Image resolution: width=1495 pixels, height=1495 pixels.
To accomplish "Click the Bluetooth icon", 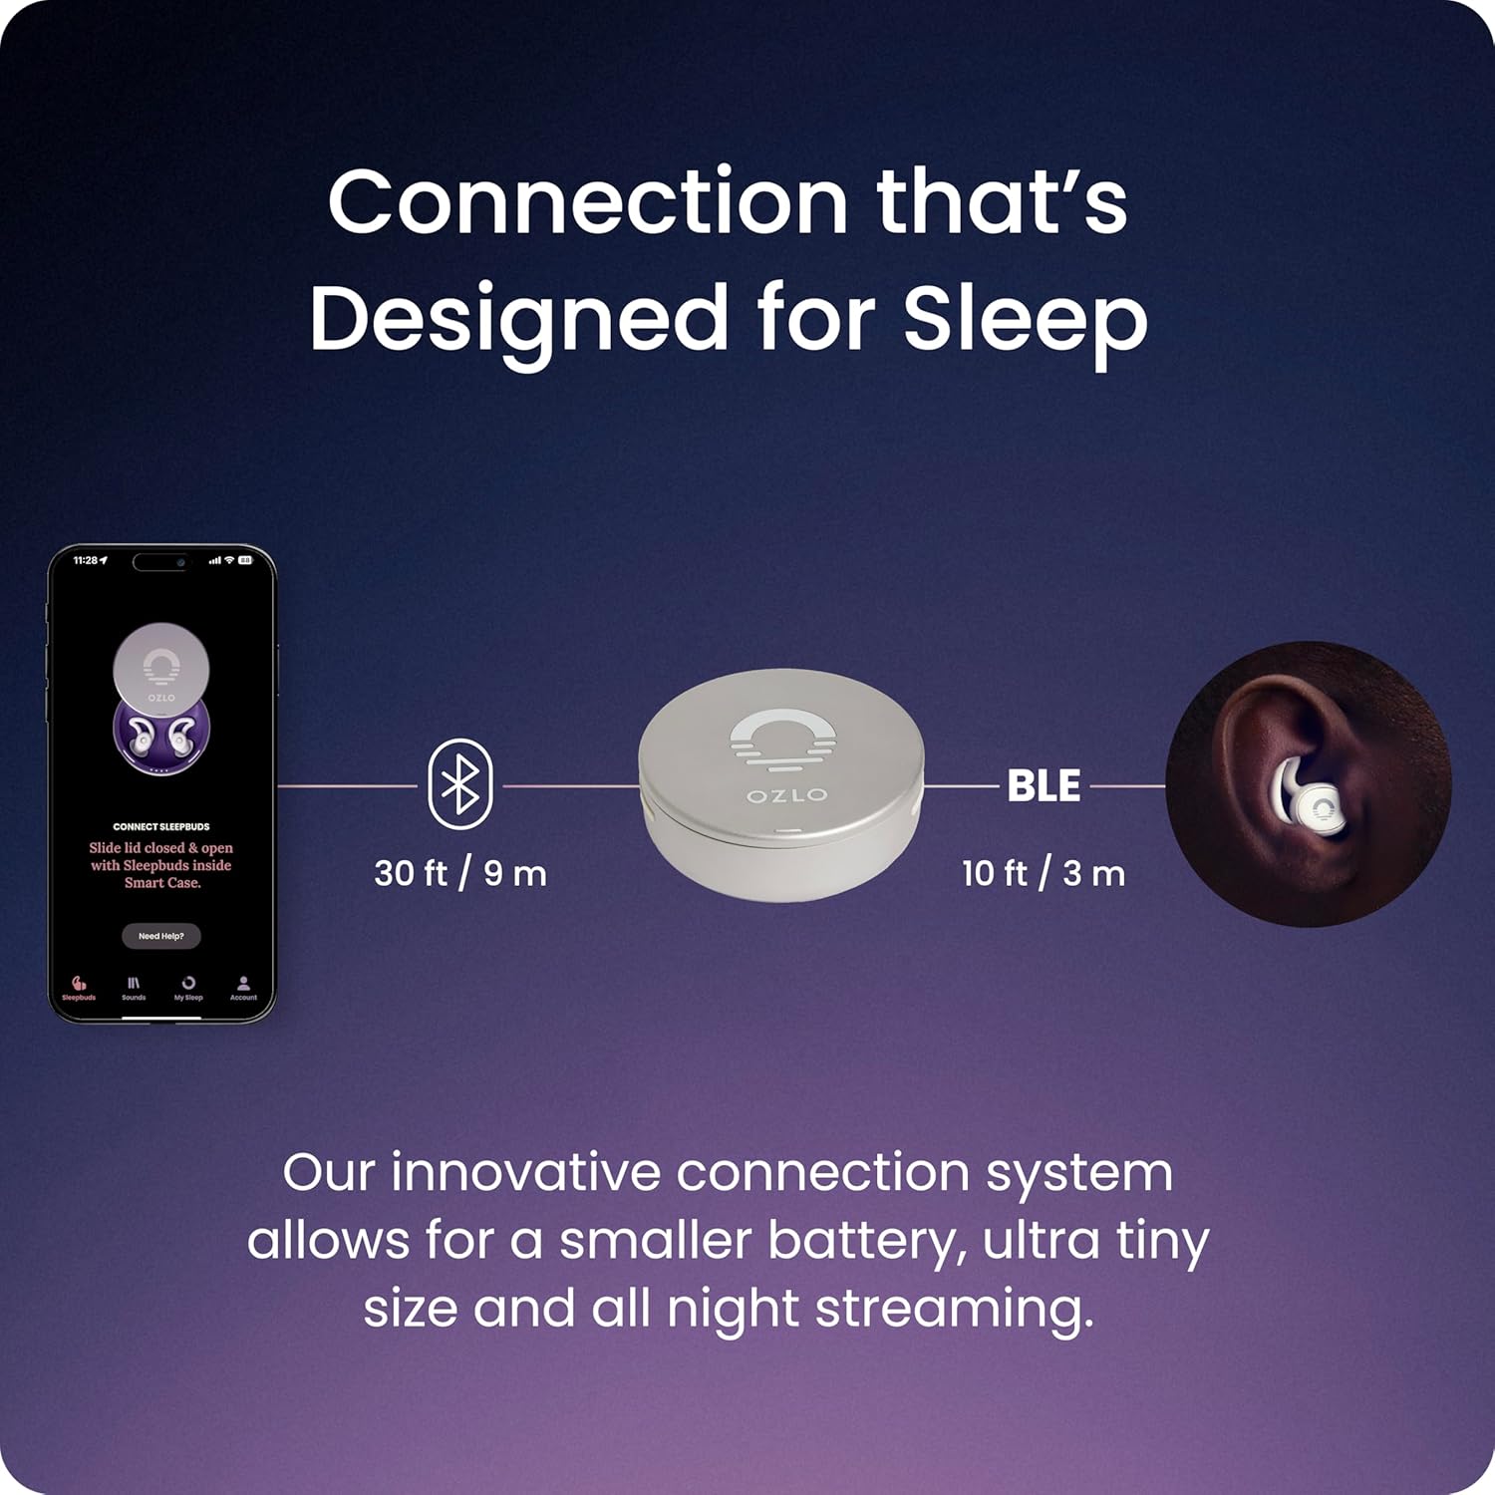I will coord(460,783).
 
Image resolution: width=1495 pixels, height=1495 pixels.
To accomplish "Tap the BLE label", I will coord(1044,786).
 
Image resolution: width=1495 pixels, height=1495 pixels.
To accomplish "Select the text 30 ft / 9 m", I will coord(460,874).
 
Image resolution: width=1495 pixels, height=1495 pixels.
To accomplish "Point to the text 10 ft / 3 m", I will coord(1044,874).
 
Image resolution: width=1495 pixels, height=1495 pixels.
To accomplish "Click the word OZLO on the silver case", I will coord(787,795).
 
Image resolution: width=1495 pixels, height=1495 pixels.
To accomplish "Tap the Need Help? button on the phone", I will coord(161,936).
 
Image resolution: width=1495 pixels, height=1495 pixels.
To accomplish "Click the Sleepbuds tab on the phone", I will coord(79,988).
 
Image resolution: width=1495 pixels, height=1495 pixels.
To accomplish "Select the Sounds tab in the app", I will coord(134,988).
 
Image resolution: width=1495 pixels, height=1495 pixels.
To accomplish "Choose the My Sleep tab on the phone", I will coord(188,988).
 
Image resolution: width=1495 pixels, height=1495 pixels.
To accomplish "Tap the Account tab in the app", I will coord(243,988).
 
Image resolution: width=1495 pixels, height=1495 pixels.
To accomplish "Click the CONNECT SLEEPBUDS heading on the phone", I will coord(161,826).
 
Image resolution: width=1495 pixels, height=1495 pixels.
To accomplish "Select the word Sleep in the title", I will coord(1026,319).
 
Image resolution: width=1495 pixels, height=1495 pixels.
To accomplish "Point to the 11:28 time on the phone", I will coord(86,561).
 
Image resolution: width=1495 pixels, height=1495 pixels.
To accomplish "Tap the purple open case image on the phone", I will coord(161,735).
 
